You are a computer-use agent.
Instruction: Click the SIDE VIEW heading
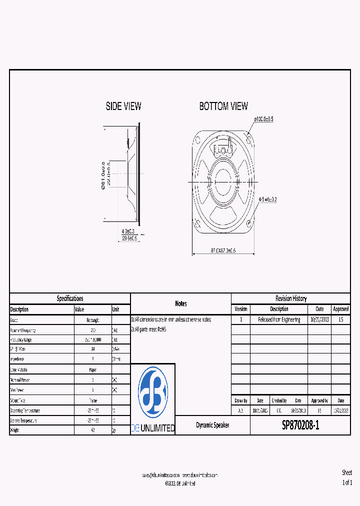coord(123,106)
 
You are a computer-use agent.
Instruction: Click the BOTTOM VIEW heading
coord(223,106)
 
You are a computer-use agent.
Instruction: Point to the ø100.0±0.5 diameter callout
coord(263,119)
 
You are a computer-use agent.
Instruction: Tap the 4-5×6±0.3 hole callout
coord(267,199)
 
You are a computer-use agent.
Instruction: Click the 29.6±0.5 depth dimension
coord(129,238)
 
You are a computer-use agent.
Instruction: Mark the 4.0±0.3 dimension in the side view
coord(128,231)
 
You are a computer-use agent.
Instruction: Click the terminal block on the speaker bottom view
coord(223,148)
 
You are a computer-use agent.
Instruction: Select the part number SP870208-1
coord(300,425)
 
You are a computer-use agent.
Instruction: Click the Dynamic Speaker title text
coord(212,425)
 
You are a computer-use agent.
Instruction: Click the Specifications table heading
coord(70,298)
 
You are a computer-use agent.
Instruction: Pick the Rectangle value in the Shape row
coord(92,320)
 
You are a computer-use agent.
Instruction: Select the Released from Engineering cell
coord(279,319)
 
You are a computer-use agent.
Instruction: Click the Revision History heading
coord(291,298)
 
